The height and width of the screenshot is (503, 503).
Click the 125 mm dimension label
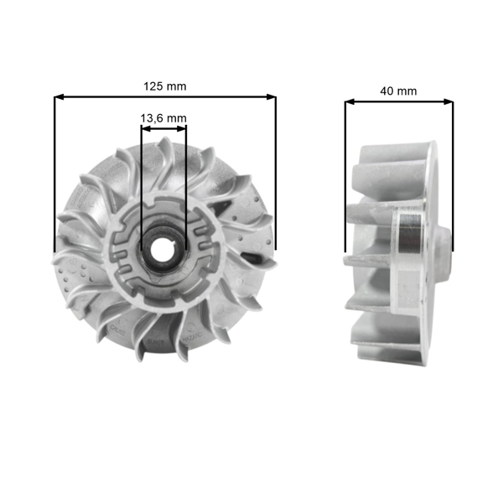165,86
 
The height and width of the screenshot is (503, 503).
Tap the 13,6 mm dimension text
163,118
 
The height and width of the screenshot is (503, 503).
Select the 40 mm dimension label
398,91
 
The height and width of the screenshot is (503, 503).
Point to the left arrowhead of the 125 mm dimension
59,97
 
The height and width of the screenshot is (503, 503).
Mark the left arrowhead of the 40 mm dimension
349,102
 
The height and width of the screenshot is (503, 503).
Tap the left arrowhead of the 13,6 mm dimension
144,127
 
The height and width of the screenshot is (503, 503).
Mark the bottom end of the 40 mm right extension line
453,250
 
